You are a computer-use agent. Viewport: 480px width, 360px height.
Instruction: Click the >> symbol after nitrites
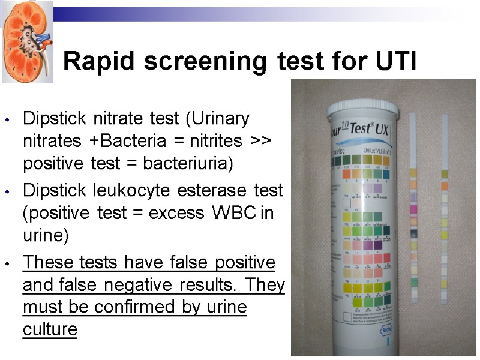[x=262, y=141]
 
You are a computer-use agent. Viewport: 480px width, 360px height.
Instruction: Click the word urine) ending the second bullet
[x=46, y=235]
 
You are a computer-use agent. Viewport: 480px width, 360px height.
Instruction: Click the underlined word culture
[x=50, y=329]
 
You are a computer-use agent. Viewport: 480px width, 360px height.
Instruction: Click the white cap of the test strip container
[x=362, y=110]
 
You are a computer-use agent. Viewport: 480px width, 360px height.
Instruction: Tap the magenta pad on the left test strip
[x=413, y=209]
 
